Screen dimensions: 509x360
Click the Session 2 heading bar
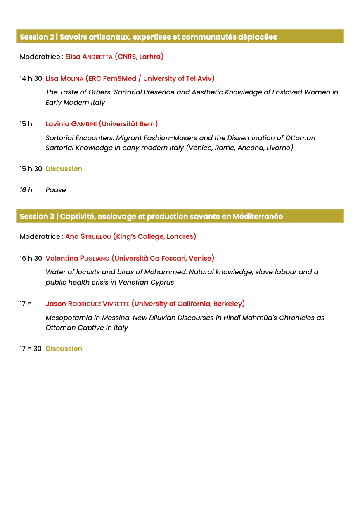pos(180,37)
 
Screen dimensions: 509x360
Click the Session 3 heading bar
pos(180,216)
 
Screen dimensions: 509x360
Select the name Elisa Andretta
pos(88,57)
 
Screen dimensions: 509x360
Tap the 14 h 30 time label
pos(31,78)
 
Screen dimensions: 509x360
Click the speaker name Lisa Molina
pos(64,78)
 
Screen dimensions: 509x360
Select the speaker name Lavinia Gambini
pos(71,124)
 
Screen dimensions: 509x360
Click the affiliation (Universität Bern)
pos(128,124)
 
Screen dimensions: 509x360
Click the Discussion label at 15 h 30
pos(64,169)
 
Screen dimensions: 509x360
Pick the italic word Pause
pos(56,190)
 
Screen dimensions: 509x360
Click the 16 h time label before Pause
pos(26,190)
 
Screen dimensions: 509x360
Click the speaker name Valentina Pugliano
pos(78,258)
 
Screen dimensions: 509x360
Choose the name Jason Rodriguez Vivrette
pos(88,304)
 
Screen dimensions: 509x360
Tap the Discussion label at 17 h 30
pos(64,349)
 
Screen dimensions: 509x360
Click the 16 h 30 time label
pos(31,258)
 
